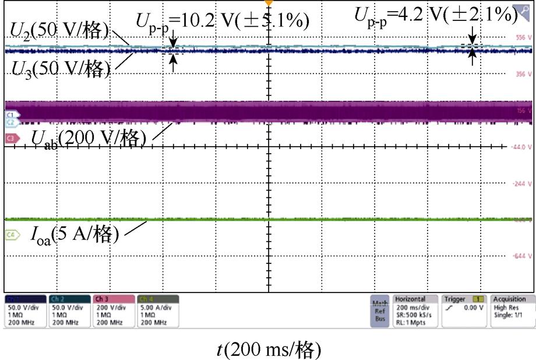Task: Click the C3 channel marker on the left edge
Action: pyautogui.click(x=10, y=138)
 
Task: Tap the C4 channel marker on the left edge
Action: pyautogui.click(x=10, y=235)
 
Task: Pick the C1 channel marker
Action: pyautogui.click(x=10, y=115)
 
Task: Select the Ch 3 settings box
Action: pyautogui.click(x=114, y=310)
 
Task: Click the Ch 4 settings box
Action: pyautogui.click(x=158, y=310)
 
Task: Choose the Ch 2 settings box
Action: pyautogui.click(x=70, y=310)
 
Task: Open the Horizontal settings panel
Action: pyautogui.click(x=415, y=310)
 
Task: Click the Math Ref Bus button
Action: pyautogui.click(x=380, y=311)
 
